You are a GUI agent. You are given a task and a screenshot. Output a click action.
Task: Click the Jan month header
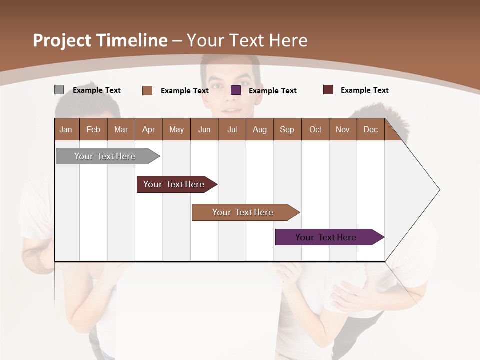click(x=66, y=129)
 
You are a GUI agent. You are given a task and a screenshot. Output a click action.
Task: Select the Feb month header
click(x=93, y=129)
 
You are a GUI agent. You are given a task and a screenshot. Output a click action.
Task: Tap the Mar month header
click(x=121, y=129)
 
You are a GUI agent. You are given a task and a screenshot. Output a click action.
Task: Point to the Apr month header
click(x=149, y=129)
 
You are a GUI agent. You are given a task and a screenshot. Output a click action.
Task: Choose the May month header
click(x=176, y=129)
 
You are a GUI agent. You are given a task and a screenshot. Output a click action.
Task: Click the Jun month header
click(x=204, y=129)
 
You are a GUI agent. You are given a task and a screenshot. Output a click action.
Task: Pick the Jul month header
click(x=232, y=129)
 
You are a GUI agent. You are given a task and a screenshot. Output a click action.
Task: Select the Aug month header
click(x=260, y=129)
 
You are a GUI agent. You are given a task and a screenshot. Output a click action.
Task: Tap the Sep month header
click(x=287, y=129)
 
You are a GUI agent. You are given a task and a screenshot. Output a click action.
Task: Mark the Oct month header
click(x=315, y=129)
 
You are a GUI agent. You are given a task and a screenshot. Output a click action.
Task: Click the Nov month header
click(x=343, y=129)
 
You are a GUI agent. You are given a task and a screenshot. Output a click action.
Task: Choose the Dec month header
click(x=371, y=129)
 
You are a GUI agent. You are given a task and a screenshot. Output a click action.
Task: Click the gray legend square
click(x=59, y=90)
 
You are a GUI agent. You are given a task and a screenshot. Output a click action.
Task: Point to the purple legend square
click(x=236, y=90)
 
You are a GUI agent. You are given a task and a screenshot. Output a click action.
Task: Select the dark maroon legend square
click(x=328, y=90)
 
